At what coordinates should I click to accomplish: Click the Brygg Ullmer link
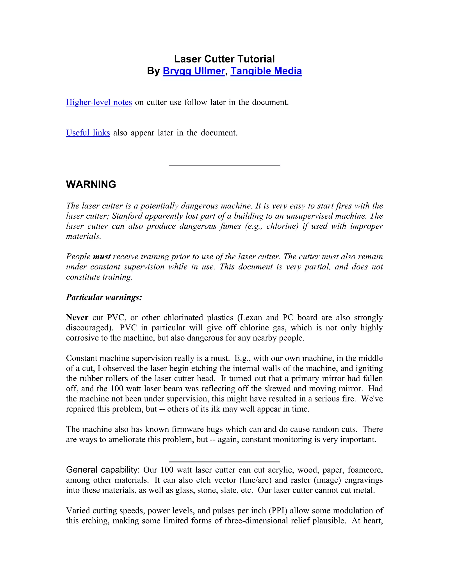[x=194, y=71]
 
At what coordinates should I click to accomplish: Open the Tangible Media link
[x=266, y=71]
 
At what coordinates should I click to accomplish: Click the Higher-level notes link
[x=99, y=102]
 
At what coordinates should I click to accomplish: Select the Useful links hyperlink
[x=88, y=132]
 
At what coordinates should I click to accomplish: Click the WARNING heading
[x=91, y=184]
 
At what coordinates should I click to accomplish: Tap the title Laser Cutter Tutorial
[x=224, y=59]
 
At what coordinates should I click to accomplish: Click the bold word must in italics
[x=102, y=257]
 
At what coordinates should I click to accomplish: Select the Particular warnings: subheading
[x=104, y=297]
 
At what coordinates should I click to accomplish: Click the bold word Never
[x=77, y=317]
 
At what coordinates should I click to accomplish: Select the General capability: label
[x=103, y=470]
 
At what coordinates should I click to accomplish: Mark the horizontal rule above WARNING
[x=224, y=165]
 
